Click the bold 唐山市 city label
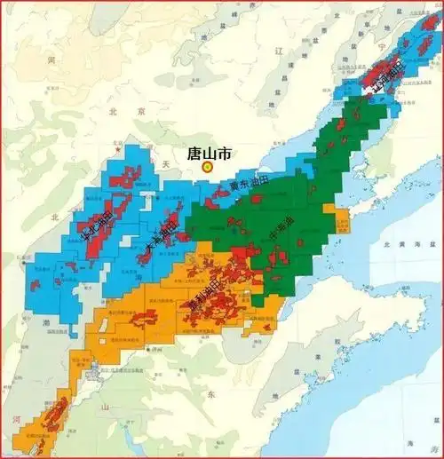210,153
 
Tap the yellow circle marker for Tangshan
208,166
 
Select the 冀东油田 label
247,185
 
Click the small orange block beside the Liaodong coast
341,219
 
